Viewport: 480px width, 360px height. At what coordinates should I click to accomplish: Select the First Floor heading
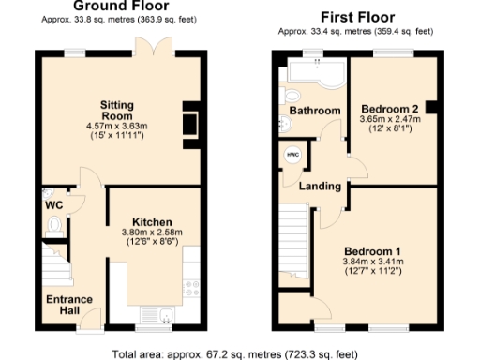click(356, 17)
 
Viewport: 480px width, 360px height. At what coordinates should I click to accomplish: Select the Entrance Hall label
click(70, 305)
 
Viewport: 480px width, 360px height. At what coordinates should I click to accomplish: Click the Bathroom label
click(314, 111)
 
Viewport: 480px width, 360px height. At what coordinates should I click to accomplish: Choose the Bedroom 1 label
click(372, 251)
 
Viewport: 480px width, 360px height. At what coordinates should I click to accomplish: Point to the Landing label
click(319, 186)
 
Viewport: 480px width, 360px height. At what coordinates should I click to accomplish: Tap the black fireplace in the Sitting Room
click(191, 121)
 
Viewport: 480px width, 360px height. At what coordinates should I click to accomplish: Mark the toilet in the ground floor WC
click(54, 225)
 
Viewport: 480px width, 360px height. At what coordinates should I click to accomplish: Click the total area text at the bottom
click(233, 353)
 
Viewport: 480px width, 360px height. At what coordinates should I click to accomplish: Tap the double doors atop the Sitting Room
click(145, 46)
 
